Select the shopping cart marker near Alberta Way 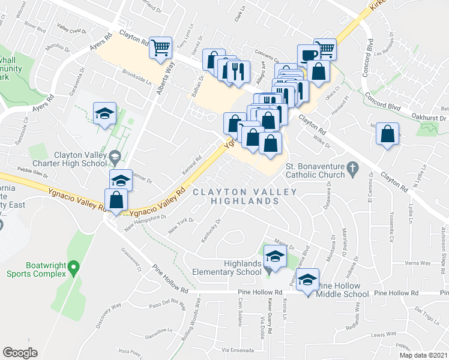[x=161, y=47]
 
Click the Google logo [x=20, y=352]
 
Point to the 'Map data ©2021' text [x=424, y=355]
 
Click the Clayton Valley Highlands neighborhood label [x=245, y=196]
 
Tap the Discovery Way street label [x=108, y=314]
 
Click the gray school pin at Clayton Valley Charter [x=114, y=157]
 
